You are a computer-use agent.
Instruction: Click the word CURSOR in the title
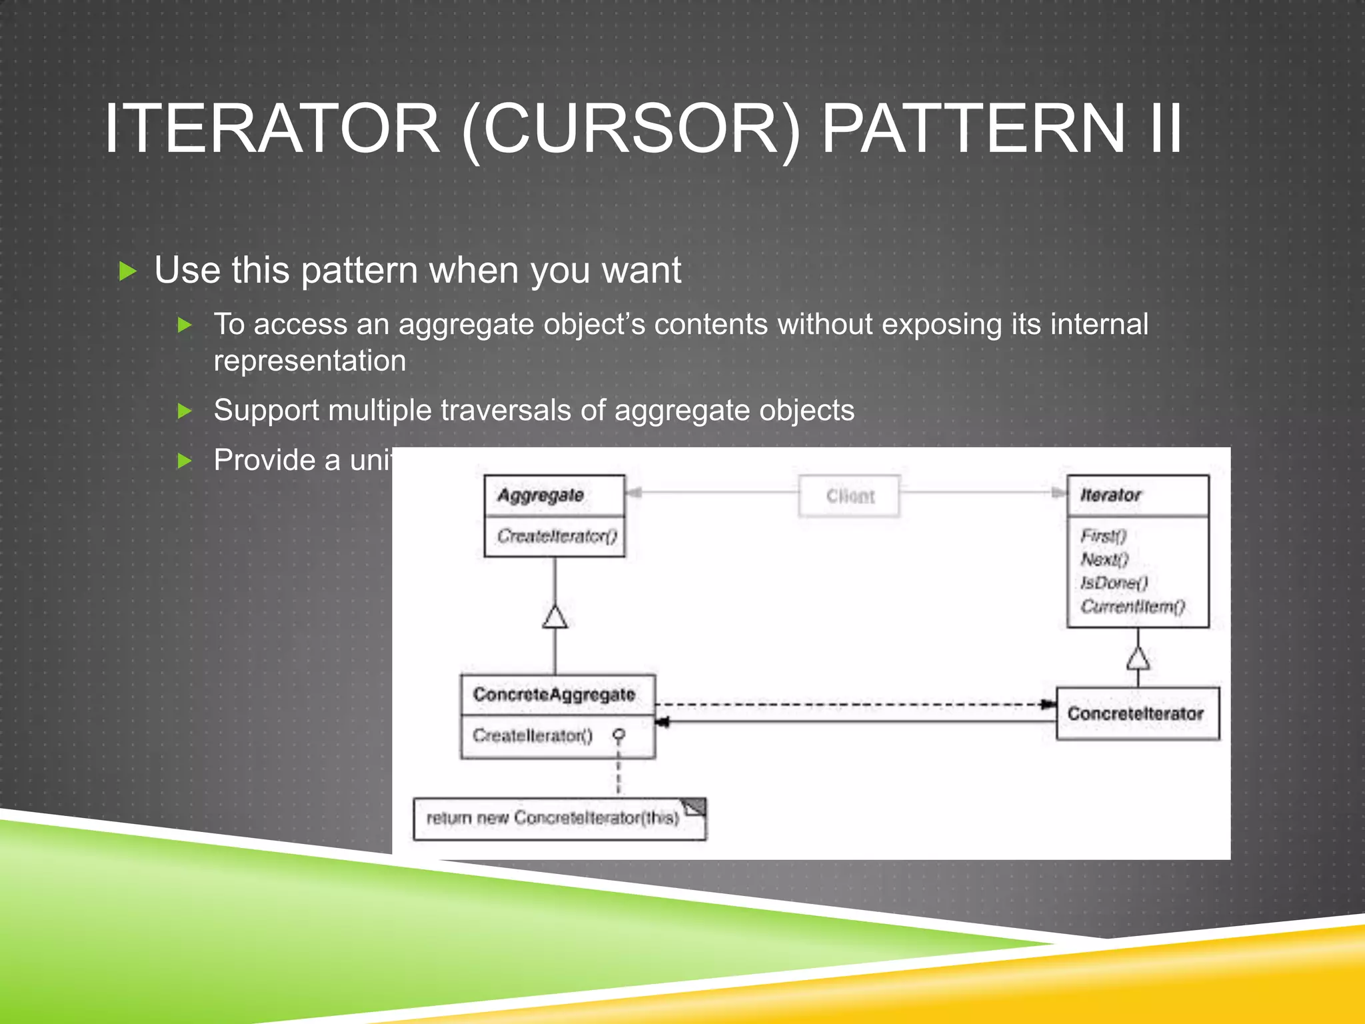(630, 129)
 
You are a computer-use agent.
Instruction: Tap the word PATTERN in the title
(973, 129)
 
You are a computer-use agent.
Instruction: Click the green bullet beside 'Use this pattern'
(127, 271)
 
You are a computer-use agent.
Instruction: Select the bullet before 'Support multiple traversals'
(185, 411)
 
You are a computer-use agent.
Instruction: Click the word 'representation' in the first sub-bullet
(309, 361)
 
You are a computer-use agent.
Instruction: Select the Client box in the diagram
(849, 496)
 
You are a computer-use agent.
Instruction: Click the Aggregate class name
(541, 495)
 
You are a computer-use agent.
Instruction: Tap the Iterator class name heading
(1110, 495)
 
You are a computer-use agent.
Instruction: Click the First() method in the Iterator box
(1103, 536)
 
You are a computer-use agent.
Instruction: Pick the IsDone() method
(1114, 583)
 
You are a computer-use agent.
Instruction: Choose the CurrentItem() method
(1132, 606)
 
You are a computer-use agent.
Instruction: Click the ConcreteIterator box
(1136, 714)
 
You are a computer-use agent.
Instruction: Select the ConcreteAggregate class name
(554, 695)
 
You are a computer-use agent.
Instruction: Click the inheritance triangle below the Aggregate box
(555, 617)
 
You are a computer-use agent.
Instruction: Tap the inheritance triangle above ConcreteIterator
(1138, 659)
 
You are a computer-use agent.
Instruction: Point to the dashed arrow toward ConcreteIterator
(853, 705)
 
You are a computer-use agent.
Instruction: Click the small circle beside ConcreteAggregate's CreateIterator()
(619, 735)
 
